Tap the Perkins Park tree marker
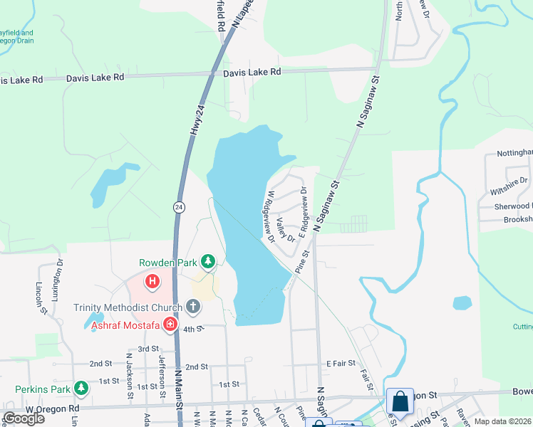(82, 389)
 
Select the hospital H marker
(152, 283)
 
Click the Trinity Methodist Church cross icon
(192, 307)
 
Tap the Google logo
(23, 418)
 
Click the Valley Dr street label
(286, 229)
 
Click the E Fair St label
(341, 363)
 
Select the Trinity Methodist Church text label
(128, 307)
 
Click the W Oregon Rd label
(53, 409)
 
